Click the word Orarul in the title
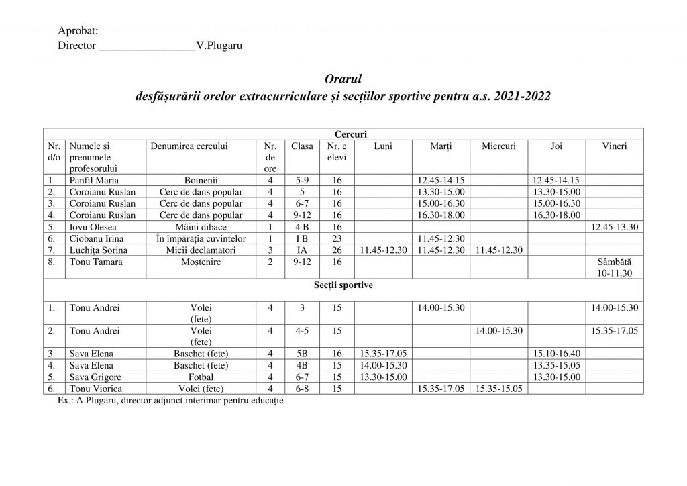343,80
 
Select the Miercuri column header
498,146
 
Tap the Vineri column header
615,146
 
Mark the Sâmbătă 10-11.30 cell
615,267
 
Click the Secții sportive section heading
343,285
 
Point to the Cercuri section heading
343,134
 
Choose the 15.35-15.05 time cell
498,389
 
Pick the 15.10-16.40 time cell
556,354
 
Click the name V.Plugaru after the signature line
219,46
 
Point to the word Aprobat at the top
78,31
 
